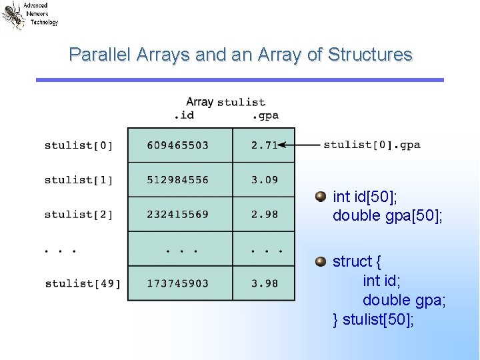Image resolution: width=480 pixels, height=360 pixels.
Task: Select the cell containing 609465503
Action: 178,145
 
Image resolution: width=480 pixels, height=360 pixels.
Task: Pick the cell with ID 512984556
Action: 178,180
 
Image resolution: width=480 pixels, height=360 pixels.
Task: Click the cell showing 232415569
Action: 178,215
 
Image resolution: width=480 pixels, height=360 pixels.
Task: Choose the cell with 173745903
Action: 178,284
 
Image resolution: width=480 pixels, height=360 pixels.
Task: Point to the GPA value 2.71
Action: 264,145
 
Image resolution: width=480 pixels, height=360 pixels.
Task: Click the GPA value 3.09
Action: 264,180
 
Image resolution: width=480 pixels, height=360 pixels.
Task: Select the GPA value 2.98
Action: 264,215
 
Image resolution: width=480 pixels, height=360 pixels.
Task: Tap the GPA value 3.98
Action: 264,284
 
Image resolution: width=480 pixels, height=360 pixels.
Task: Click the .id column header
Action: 183,116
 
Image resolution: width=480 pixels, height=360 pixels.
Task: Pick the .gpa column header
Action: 265,116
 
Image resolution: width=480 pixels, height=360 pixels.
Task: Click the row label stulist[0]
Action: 79,145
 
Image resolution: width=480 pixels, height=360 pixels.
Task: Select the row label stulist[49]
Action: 83,284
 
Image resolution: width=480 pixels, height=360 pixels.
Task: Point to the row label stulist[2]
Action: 79,215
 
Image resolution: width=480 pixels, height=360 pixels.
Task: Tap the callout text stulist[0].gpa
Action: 372,145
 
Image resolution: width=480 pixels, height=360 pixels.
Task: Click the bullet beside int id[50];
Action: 321,196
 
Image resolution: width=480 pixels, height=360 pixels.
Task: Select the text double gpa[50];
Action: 387,215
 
